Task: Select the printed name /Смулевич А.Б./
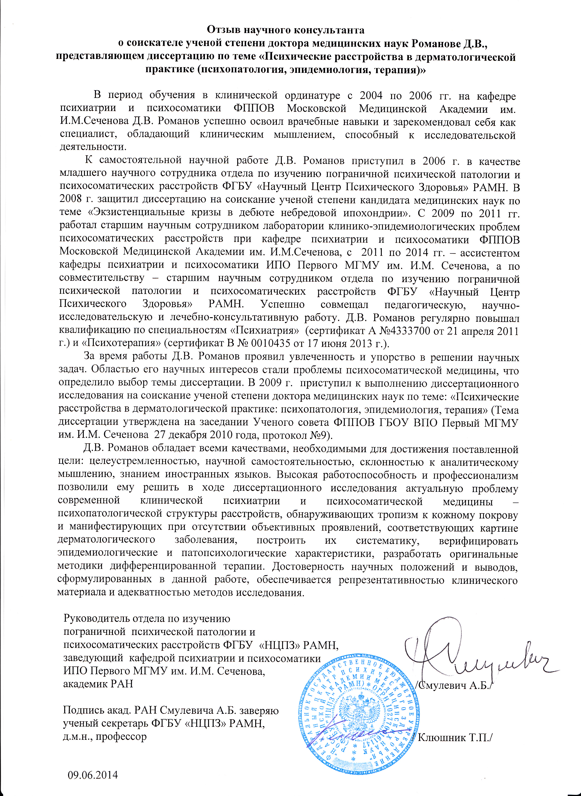[x=455, y=686]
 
